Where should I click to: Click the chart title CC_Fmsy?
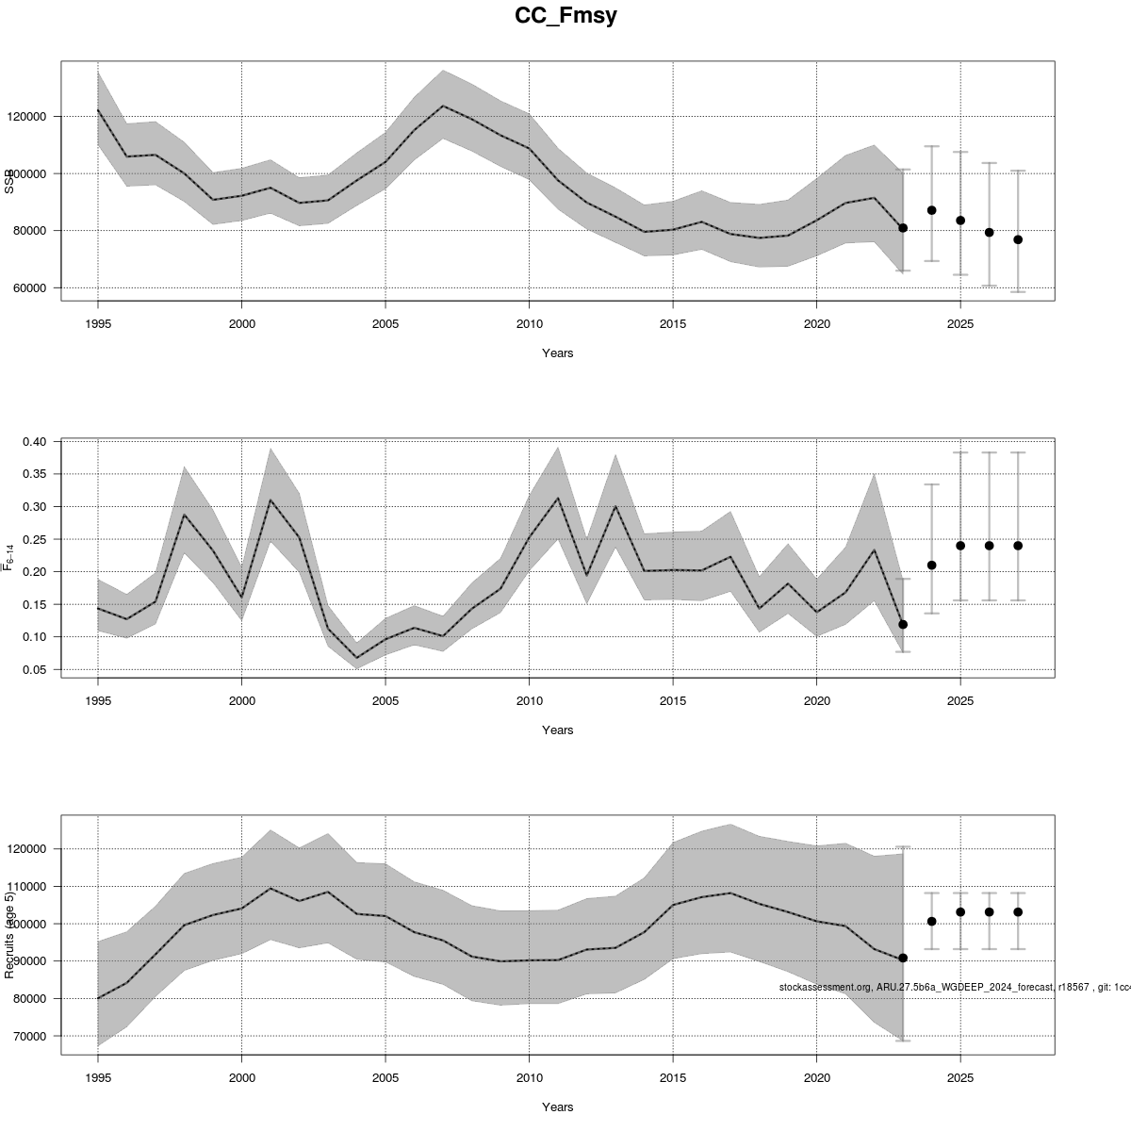click(565, 16)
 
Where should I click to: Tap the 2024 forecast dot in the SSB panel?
click(931, 210)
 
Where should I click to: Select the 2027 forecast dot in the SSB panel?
click(1018, 239)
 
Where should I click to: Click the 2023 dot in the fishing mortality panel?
click(903, 624)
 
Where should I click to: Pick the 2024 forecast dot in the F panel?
click(931, 565)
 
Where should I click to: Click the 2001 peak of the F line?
click(270, 500)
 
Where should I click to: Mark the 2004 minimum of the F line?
click(356, 658)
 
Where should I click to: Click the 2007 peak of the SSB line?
click(443, 106)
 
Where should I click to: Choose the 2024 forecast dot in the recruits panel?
click(931, 921)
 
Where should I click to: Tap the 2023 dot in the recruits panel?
click(903, 958)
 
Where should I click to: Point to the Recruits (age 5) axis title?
click(10, 930)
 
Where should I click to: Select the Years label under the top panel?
click(557, 353)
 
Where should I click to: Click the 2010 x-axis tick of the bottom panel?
click(529, 1076)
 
